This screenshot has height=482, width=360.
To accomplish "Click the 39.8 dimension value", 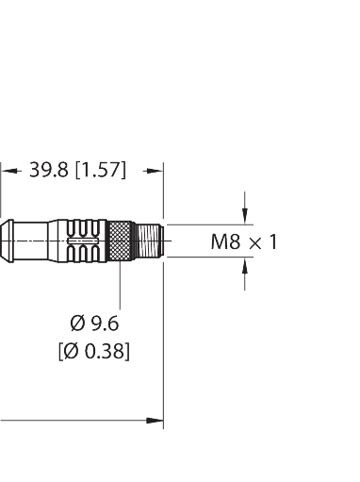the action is point(48,170).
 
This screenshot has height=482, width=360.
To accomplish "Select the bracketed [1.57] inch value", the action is point(101,171).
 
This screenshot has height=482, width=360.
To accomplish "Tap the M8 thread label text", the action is point(225,242).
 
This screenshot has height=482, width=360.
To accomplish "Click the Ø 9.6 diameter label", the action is point(94,324).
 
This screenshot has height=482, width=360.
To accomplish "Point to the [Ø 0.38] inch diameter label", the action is point(94,351).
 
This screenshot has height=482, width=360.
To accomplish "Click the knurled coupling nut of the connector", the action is point(120,241).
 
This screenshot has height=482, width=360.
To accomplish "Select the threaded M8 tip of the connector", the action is point(150,241).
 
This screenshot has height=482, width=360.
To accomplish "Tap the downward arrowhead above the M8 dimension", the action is point(245,217).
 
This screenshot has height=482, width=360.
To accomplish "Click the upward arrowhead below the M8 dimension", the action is point(245,265).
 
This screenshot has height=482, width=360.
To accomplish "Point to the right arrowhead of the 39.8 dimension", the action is point(154,171).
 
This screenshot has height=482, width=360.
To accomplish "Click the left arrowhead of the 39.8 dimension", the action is point(10,171).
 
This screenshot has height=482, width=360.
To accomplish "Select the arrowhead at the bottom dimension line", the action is point(155,421).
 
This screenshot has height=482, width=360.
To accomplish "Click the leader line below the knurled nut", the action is point(120,285).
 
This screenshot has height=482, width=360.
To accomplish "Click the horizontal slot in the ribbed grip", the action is point(83,241).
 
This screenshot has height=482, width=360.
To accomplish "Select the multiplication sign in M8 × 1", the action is point(255,243).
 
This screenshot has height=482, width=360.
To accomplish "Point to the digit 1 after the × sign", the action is point(273,242).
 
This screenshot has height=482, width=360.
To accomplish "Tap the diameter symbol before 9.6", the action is point(78,324).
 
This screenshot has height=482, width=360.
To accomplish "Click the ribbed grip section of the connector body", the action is point(83,241).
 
